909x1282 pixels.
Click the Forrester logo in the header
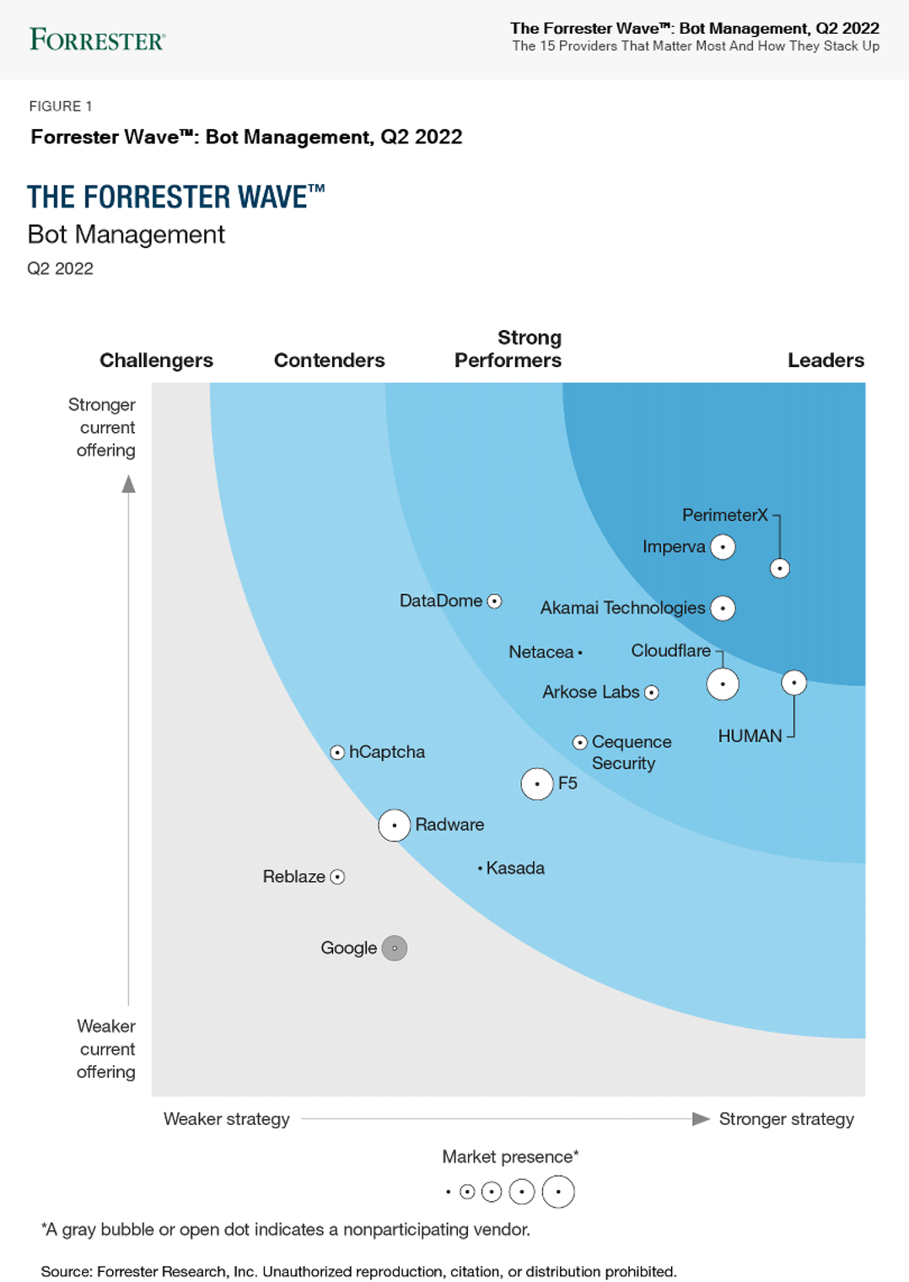pos(97,40)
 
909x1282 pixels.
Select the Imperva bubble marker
pos(723,547)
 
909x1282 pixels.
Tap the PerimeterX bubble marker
pos(780,569)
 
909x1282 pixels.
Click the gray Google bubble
pos(395,949)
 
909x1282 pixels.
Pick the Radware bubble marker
pos(394,825)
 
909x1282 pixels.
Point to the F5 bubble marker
pos(537,784)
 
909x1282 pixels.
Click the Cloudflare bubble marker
pos(723,684)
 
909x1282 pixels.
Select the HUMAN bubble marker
pos(793,683)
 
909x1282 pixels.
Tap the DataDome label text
pos(440,601)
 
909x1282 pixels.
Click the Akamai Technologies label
pos(622,608)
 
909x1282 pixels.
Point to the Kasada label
pos(515,868)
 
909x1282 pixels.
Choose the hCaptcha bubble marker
pos(337,752)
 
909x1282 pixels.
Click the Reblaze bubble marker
pos(337,877)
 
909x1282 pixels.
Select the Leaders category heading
pos(826,360)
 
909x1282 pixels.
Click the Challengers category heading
pos(156,360)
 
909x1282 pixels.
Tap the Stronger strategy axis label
pos(786,1119)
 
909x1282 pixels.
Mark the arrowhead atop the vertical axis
pos(129,484)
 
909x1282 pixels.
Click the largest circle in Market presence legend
pos(558,1192)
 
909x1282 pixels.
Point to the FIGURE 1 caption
pos(61,106)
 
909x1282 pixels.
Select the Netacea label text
pos(541,652)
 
